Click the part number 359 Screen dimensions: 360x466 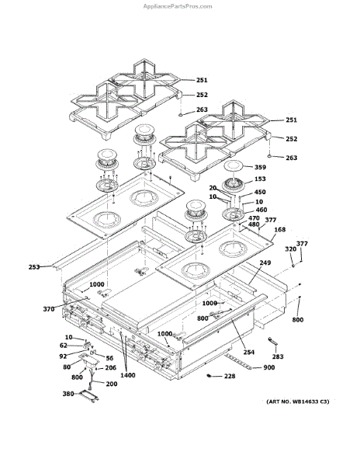pyautogui.click(x=260, y=167)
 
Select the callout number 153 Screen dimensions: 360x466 pyautogui.click(x=260, y=179)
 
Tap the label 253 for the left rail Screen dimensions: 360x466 pyautogui.click(x=34, y=267)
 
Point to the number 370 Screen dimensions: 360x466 pyautogui.click(x=49, y=309)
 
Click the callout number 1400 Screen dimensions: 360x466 pyautogui.click(x=127, y=375)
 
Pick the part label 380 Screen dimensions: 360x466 pyautogui.click(x=68, y=394)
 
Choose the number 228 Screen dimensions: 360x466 pyautogui.click(x=230, y=376)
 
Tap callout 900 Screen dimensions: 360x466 pyautogui.click(x=269, y=367)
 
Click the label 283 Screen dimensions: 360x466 pyautogui.click(x=278, y=356)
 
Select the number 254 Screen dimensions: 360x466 pyautogui.click(x=249, y=352)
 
